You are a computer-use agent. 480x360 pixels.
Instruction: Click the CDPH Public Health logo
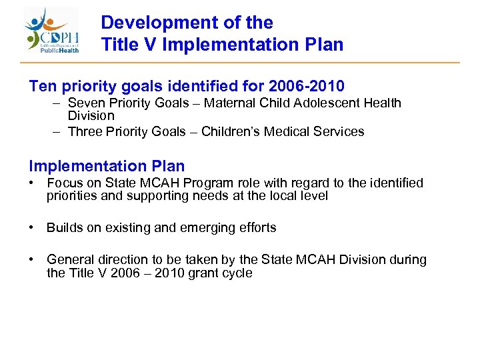coord(53,31)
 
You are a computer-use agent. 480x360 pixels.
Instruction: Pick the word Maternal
coord(229,103)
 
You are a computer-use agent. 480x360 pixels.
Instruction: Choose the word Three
coord(85,131)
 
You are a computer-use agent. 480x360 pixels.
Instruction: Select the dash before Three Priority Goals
coord(57,131)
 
